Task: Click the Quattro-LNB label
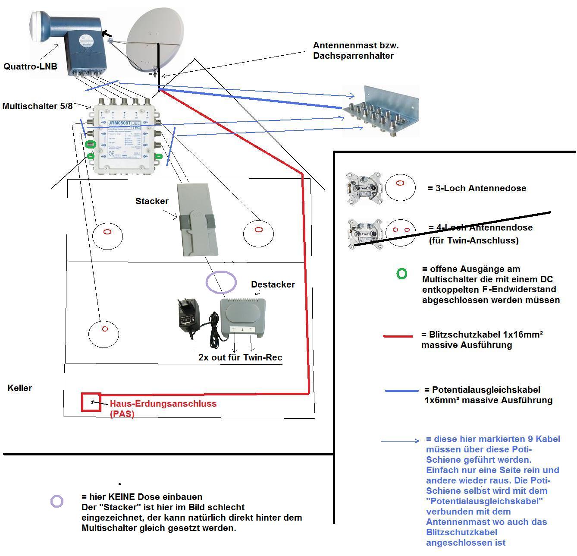[x=30, y=66]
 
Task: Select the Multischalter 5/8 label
[x=38, y=106]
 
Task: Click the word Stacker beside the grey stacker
[x=152, y=201]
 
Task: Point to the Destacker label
[x=273, y=284]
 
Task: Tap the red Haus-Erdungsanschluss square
[x=91, y=402]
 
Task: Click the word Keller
[x=20, y=388]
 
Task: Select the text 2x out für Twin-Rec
[x=240, y=357]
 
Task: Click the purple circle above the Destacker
[x=221, y=283]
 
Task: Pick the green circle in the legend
[x=402, y=273]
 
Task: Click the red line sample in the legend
[x=398, y=336]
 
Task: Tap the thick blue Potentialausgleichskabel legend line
[x=401, y=391]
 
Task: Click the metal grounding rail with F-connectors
[x=381, y=111]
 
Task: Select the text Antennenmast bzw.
[x=353, y=45]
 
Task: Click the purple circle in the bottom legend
[x=57, y=501]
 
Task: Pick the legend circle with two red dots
[x=401, y=231]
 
